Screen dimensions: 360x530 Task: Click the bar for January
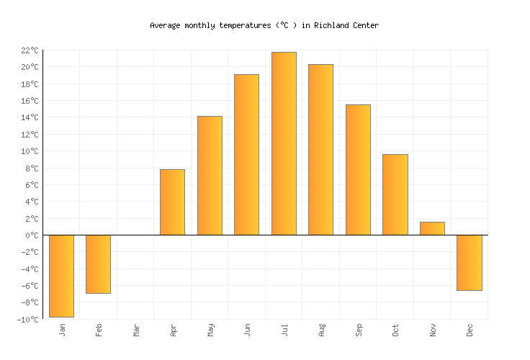pyautogui.click(x=61, y=276)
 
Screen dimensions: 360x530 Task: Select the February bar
pyautogui.click(x=98, y=264)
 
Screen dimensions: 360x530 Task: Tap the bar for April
pyautogui.click(x=172, y=202)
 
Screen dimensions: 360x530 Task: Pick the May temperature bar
pyautogui.click(x=210, y=176)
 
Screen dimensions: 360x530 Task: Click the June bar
pyautogui.click(x=246, y=155)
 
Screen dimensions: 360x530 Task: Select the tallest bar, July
pyautogui.click(x=284, y=143)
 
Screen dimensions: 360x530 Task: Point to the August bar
pyautogui.click(x=320, y=150)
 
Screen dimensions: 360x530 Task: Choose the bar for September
pyautogui.click(x=358, y=170)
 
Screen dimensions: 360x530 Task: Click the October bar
pyautogui.click(x=395, y=194)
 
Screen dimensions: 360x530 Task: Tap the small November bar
pyautogui.click(x=432, y=228)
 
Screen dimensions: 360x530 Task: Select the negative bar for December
pyautogui.click(x=469, y=263)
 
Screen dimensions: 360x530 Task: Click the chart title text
pyautogui.click(x=264, y=25)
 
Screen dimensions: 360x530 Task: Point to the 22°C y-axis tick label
pyautogui.click(x=30, y=50)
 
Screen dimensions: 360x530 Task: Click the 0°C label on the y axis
pyautogui.click(x=32, y=235)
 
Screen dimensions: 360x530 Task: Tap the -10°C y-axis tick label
pyautogui.click(x=27, y=320)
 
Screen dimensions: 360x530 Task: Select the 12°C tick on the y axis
pyautogui.click(x=30, y=135)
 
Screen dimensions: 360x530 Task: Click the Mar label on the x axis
pyautogui.click(x=136, y=330)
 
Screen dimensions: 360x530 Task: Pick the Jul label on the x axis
pyautogui.click(x=284, y=330)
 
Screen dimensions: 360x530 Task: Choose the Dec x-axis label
pyautogui.click(x=470, y=330)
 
